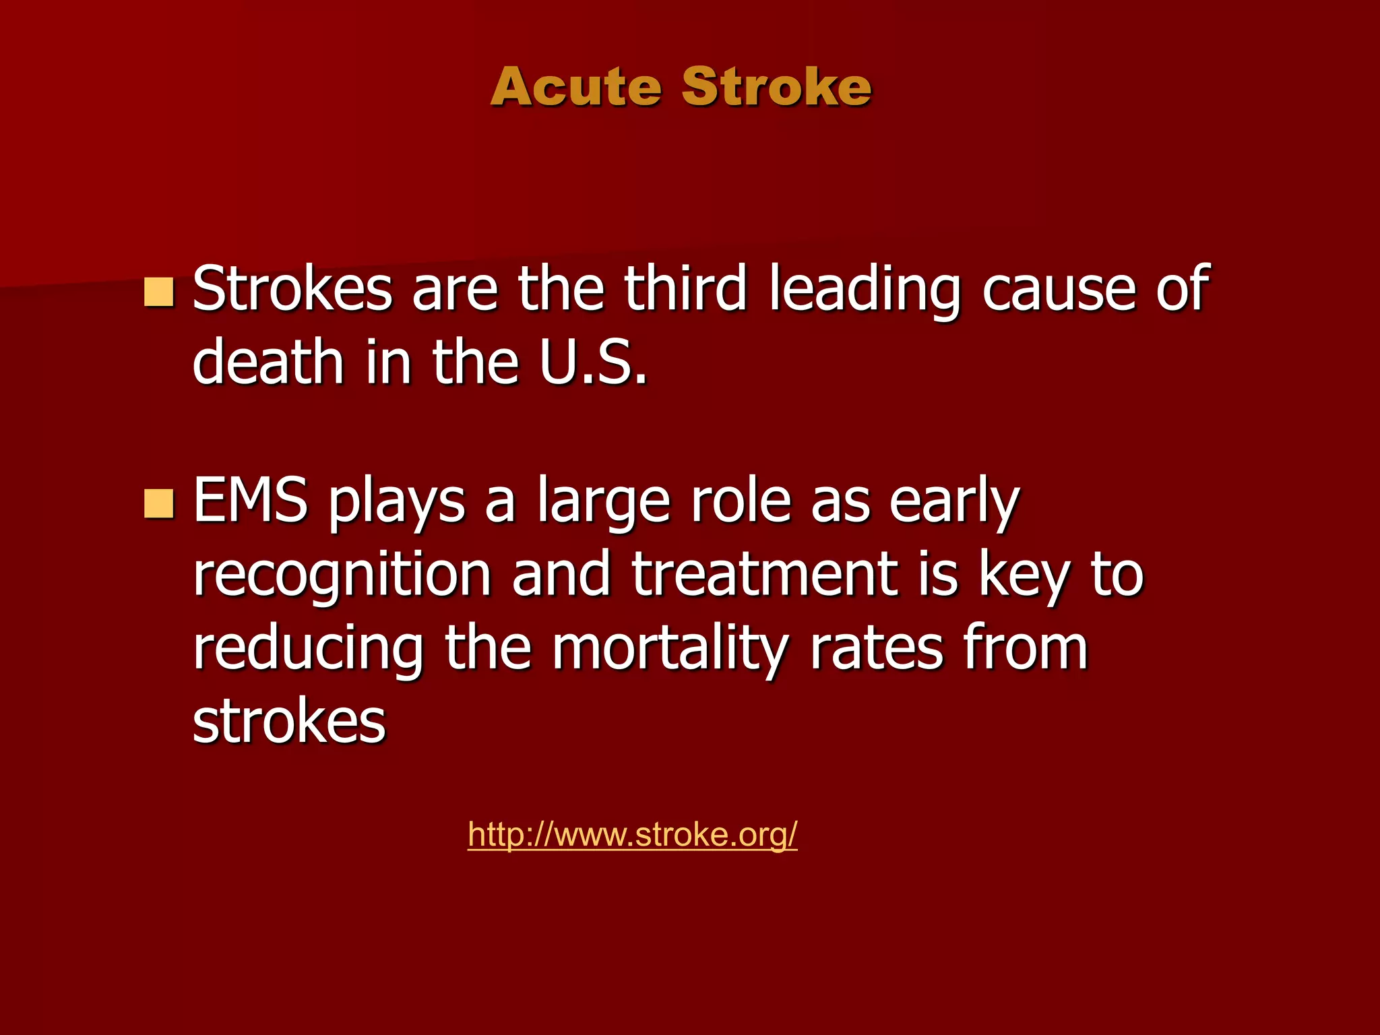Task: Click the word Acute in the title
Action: (576, 87)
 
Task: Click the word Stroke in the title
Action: (776, 87)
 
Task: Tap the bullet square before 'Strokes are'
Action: (159, 292)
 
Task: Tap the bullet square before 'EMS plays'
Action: (159, 503)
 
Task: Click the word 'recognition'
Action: (342, 577)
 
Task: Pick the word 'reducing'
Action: (308, 650)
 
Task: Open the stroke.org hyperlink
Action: (632, 834)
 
